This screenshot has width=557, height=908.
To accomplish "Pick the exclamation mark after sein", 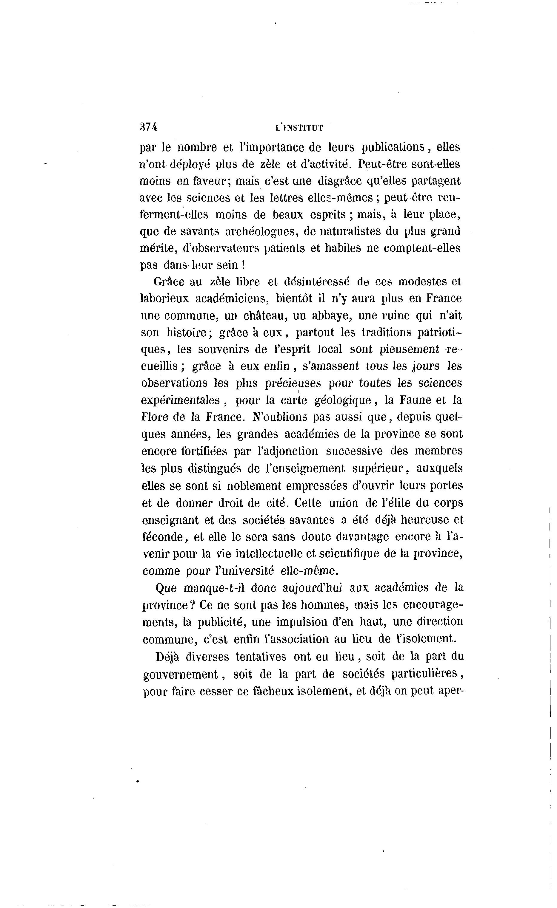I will coord(243,265).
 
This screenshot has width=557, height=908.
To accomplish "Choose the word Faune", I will coord(415,400).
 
